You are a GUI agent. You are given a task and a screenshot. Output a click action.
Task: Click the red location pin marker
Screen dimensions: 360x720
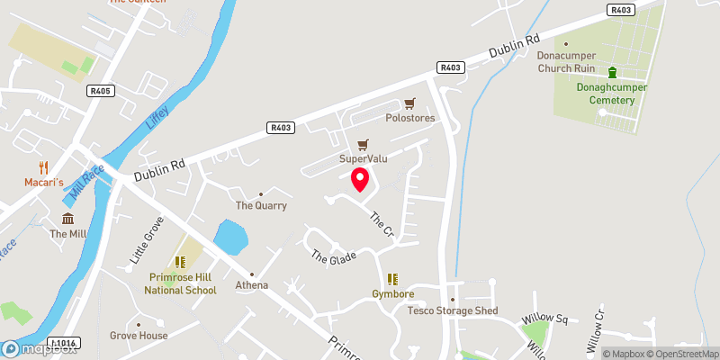coord(359,179)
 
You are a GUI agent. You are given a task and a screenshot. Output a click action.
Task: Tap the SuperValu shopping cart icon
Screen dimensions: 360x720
coord(364,145)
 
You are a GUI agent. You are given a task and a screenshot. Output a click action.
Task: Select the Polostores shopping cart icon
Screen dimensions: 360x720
coord(410,103)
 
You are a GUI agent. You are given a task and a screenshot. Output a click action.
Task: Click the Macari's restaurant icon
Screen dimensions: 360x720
coord(42,167)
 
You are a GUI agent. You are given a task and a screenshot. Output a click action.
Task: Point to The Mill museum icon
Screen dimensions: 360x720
coord(68,220)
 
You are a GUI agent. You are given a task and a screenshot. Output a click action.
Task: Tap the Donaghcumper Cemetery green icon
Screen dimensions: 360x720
coord(613,73)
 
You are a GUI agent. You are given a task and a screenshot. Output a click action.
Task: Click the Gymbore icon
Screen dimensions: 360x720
coord(392,279)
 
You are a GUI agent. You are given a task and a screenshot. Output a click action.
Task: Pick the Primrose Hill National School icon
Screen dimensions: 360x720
coord(181,263)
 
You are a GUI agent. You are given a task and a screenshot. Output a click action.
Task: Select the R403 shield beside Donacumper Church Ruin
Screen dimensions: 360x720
coord(450,67)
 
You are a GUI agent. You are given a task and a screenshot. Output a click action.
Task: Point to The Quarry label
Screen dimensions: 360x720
coord(261,205)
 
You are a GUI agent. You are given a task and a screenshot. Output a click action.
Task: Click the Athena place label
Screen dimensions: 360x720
coord(252,285)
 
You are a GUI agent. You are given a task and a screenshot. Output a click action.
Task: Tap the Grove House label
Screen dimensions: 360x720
coord(139,336)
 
